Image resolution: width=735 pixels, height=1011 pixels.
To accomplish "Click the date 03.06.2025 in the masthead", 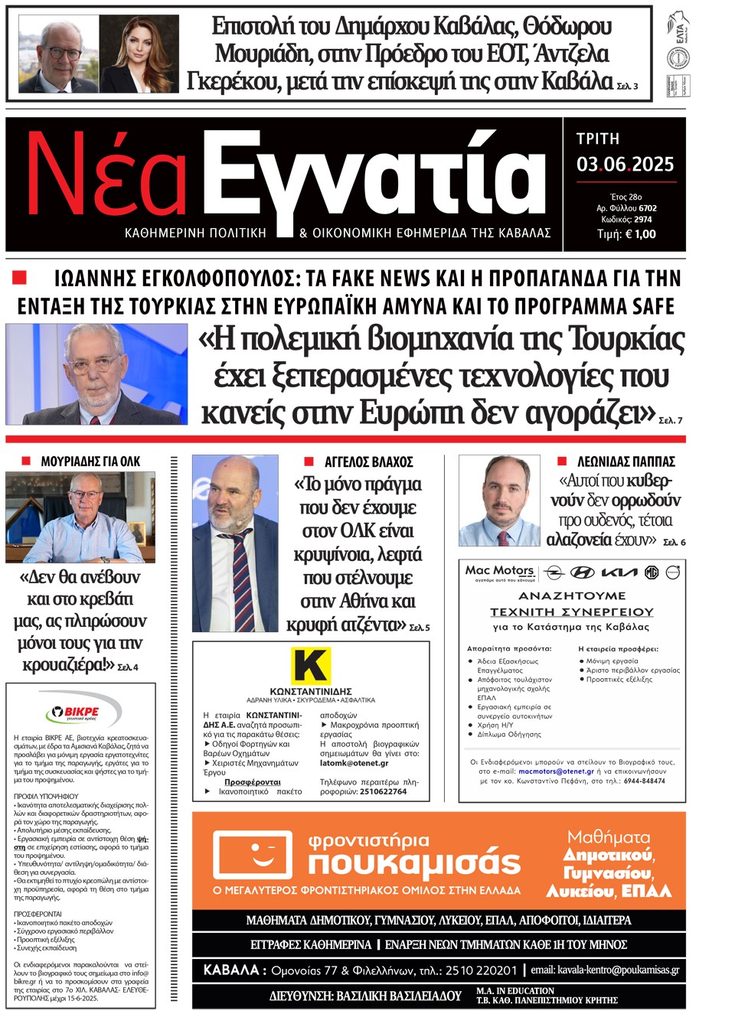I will [x=625, y=165].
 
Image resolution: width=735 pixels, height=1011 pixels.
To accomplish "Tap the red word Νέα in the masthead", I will [x=107, y=177].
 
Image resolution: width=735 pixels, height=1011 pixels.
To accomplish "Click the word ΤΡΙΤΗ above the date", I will [x=598, y=139].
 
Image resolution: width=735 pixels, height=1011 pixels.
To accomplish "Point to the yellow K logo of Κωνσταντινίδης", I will [x=311, y=664].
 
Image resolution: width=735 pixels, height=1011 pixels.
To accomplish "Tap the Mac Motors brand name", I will [x=500, y=571].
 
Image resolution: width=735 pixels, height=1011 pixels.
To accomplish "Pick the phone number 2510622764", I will [x=383, y=791].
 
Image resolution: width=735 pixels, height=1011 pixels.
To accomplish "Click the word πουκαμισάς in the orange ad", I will [x=414, y=863].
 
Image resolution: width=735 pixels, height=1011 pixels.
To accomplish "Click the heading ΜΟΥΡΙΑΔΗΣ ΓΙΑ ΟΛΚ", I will [x=90, y=461].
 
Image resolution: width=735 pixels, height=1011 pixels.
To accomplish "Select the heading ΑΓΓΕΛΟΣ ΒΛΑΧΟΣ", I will [x=368, y=461].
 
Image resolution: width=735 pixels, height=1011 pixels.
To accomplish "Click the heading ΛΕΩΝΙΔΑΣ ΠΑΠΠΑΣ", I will [x=626, y=461].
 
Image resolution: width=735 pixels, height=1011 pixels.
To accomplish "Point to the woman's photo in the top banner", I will [x=140, y=54].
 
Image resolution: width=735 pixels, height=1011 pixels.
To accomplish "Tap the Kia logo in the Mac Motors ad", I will [x=619, y=572].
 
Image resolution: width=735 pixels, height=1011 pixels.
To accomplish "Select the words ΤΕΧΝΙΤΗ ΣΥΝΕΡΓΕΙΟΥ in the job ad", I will [x=572, y=611].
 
